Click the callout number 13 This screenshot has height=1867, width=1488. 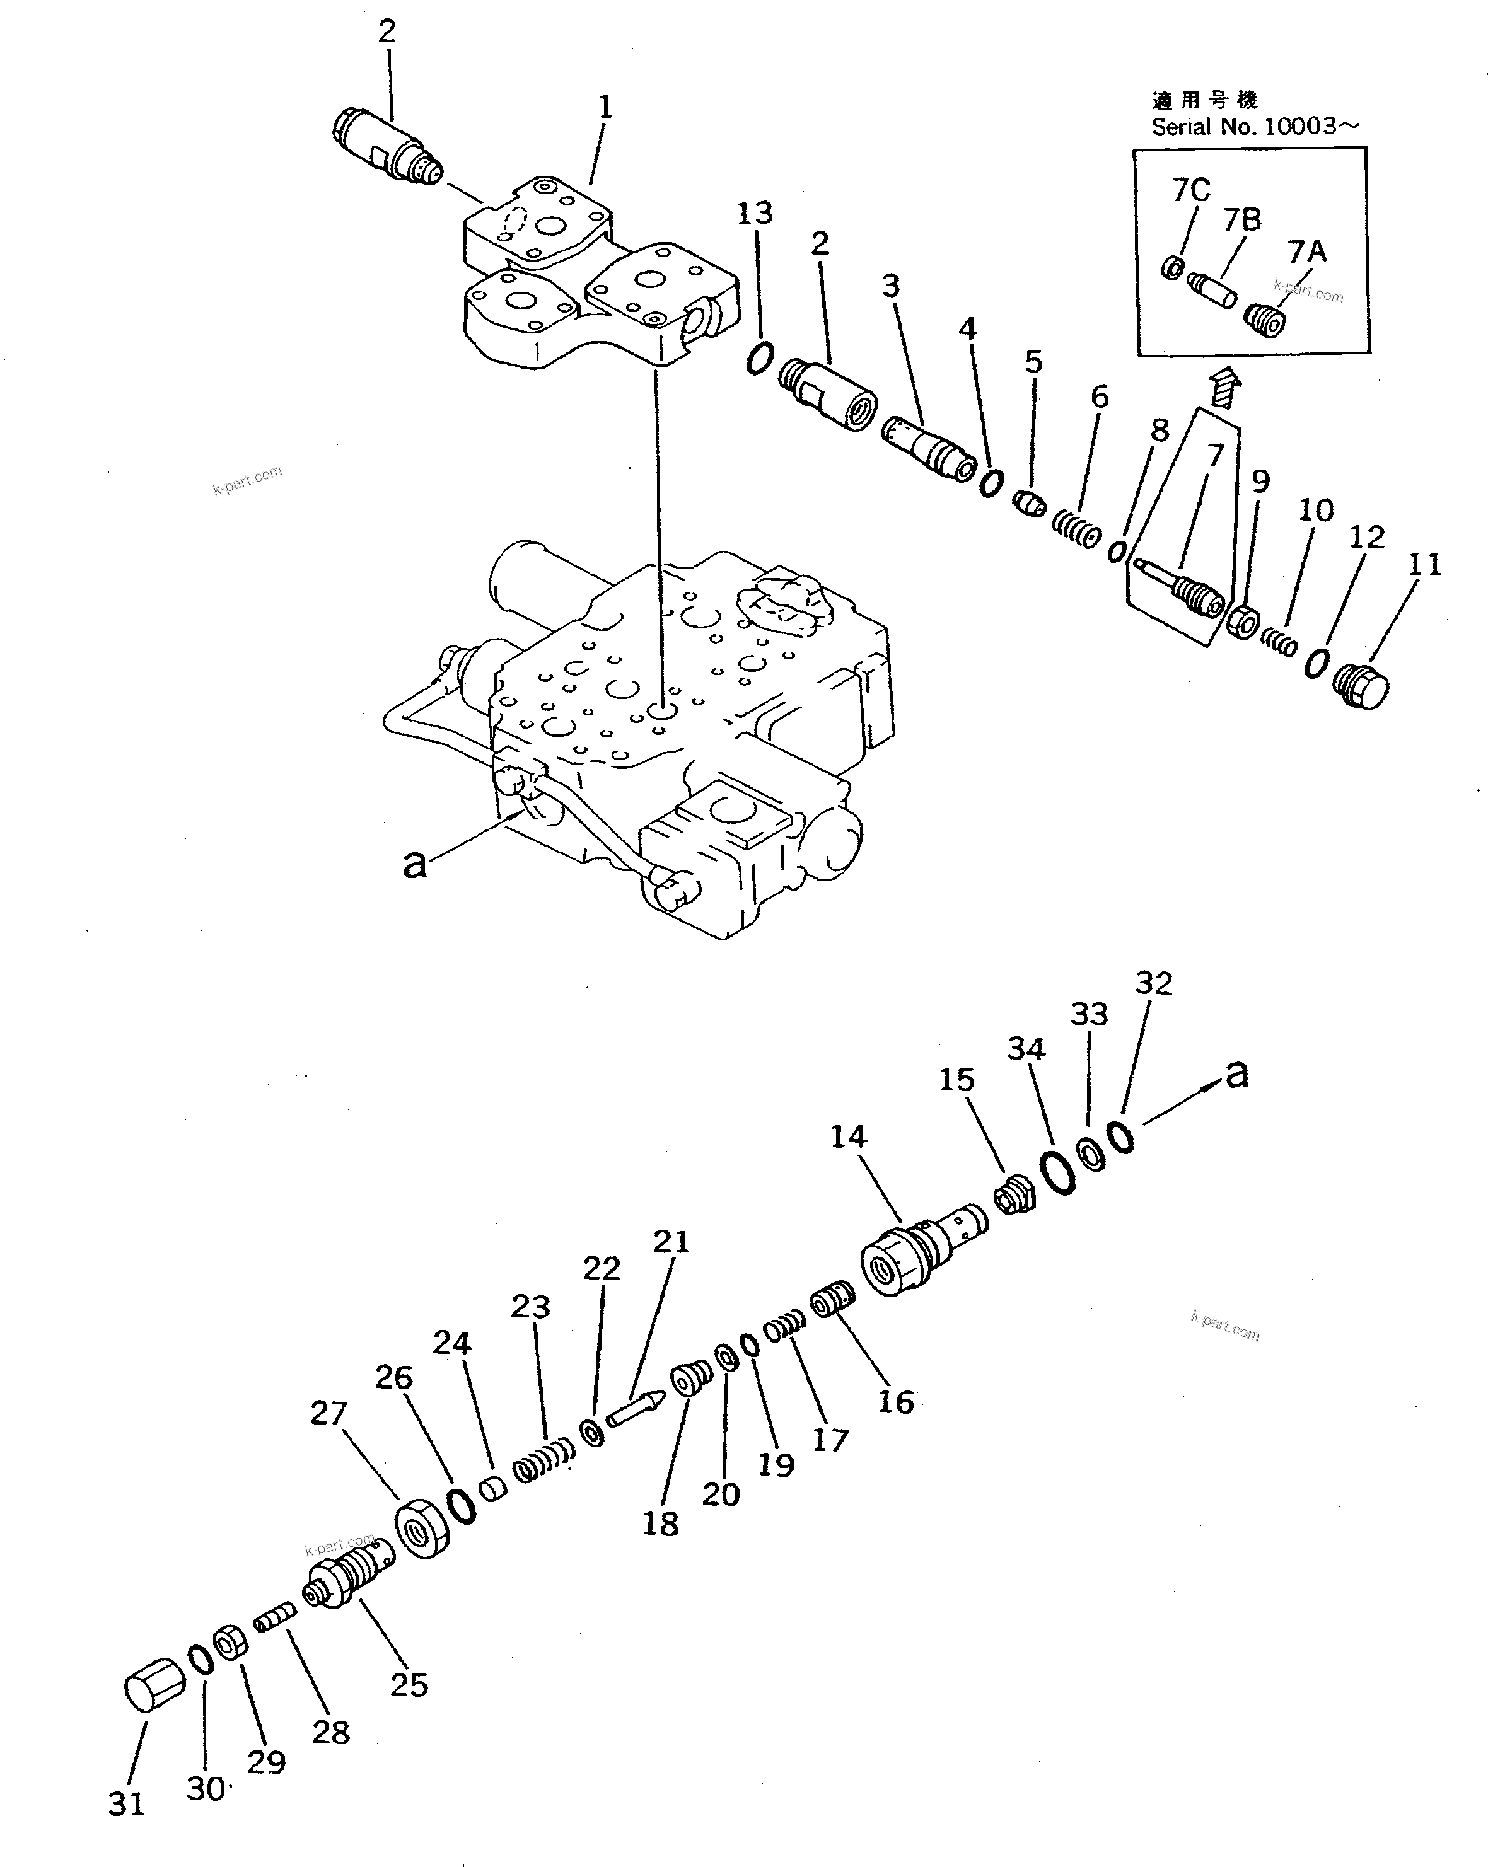click(x=754, y=213)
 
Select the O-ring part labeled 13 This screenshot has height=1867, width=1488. click(x=760, y=357)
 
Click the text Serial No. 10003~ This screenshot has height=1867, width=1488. click(x=1254, y=127)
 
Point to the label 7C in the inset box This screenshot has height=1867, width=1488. click(x=1191, y=190)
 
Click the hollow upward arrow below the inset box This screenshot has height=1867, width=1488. click(x=1224, y=386)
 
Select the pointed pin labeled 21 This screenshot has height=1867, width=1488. click(x=636, y=1409)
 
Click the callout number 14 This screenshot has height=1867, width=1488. click(x=848, y=1136)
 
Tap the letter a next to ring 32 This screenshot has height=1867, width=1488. click(x=1238, y=1075)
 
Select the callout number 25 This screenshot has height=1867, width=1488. click(x=409, y=1684)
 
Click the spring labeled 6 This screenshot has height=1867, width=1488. click(x=1076, y=528)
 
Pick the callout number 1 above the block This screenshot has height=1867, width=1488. click(x=605, y=107)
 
